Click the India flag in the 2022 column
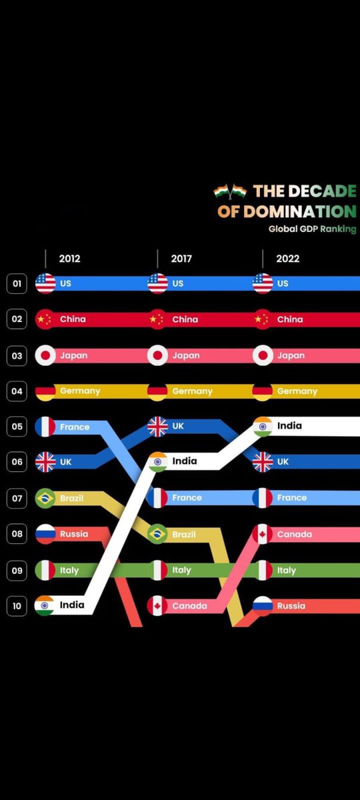263,426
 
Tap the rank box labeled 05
17,427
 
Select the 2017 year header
181,259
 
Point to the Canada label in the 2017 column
189,606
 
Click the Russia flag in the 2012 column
45,534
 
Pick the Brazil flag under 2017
157,534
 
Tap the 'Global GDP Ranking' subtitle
312,229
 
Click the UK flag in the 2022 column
263,461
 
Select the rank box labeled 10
17,606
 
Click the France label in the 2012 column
75,427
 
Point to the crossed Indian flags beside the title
230,192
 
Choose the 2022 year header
288,259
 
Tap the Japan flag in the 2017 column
157,355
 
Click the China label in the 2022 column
290,319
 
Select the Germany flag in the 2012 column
45,391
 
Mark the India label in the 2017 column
185,461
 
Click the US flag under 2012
45,283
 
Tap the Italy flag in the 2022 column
263,571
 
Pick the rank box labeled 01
17,283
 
